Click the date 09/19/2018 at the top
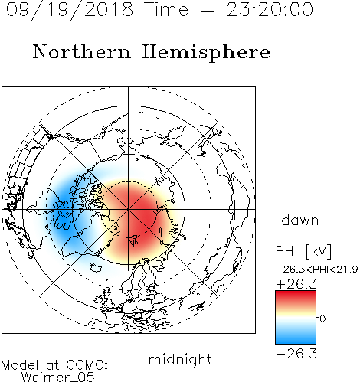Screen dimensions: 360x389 click(70, 10)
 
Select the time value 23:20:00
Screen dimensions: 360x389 click(270, 10)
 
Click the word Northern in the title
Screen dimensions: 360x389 click(82, 51)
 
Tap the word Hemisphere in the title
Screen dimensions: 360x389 click(206, 53)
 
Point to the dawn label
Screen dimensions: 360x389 click(300, 220)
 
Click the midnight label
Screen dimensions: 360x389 click(180, 361)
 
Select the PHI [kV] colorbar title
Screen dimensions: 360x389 click(303, 251)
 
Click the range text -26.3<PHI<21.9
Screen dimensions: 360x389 click(316, 270)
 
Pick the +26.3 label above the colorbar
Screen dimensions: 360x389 click(296, 284)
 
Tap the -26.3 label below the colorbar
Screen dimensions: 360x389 click(296, 354)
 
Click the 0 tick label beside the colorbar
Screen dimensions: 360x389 click(322, 319)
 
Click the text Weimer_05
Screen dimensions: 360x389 click(58, 378)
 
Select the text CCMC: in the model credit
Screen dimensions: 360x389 click(87, 365)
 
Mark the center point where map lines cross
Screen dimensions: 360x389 click(129, 209)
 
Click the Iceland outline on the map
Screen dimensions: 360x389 click(96, 267)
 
